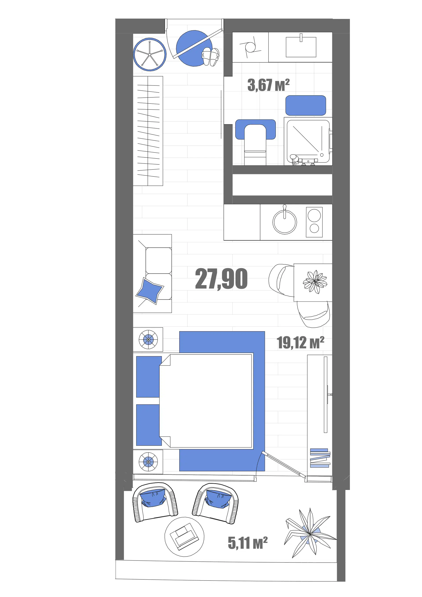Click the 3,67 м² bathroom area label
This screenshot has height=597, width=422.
(268, 85)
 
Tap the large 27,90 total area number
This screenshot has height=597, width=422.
(221, 279)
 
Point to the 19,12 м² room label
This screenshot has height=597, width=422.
(300, 342)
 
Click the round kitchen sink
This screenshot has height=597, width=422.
(285, 222)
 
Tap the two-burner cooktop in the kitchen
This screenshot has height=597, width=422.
(314, 222)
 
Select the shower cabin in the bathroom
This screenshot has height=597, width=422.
(308, 141)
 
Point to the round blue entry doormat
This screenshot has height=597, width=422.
(194, 48)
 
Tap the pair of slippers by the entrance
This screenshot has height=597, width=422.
(210, 56)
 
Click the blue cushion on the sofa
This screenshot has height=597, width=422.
(150, 291)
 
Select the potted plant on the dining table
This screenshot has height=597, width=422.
(315, 282)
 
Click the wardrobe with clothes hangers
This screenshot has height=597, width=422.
(148, 131)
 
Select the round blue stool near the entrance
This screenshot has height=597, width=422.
(149, 54)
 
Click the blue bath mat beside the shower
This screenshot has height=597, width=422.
(306, 105)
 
